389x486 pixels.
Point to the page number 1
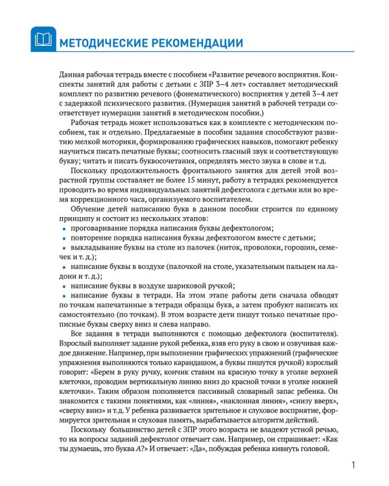[x=353, y=465]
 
